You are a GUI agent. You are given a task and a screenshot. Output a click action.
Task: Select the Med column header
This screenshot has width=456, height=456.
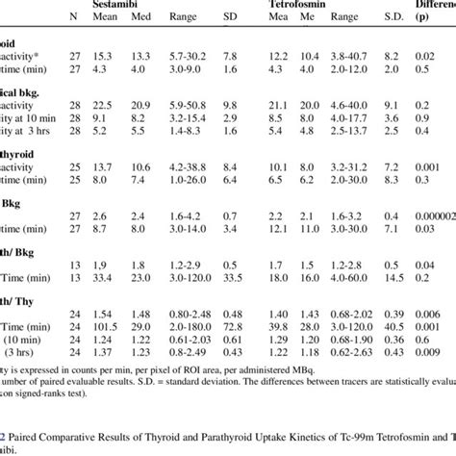point(142,16)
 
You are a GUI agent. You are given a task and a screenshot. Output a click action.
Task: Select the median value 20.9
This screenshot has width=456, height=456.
point(142,104)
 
